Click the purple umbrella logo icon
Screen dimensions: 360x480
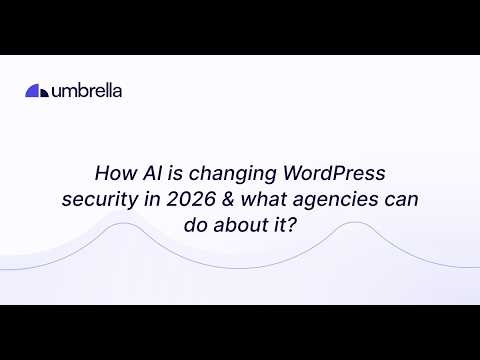click(37, 91)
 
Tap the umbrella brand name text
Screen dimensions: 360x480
click(87, 91)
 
